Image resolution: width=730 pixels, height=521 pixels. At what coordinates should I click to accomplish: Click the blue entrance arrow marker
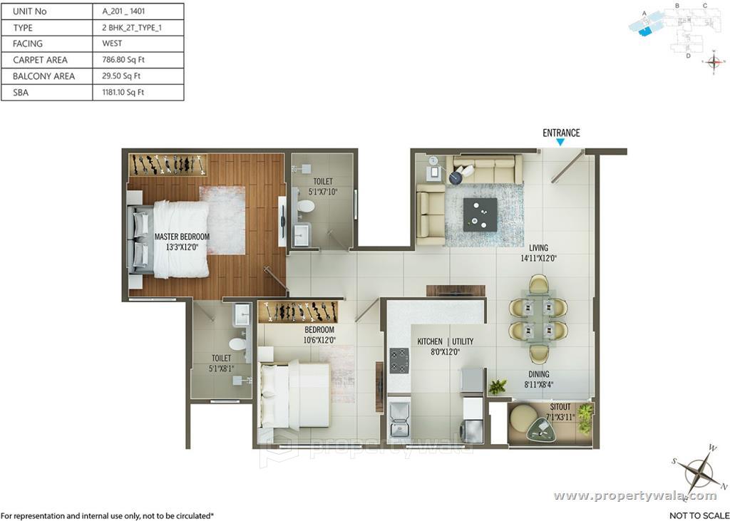[x=560, y=143]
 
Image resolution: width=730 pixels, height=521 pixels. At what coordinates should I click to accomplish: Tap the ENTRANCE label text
[x=561, y=133]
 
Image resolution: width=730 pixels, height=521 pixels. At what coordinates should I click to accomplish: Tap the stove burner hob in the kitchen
[x=399, y=361]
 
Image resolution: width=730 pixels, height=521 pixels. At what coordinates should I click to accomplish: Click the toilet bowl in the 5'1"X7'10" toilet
[x=306, y=207]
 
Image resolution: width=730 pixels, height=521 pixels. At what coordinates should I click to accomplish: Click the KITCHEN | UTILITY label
[x=445, y=346]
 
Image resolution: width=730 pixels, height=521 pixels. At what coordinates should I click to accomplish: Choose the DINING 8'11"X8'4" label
[x=538, y=378]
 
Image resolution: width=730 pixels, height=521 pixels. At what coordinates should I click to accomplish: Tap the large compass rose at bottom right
[x=699, y=471]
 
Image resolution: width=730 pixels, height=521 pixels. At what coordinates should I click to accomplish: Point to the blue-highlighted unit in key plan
[x=644, y=29]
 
